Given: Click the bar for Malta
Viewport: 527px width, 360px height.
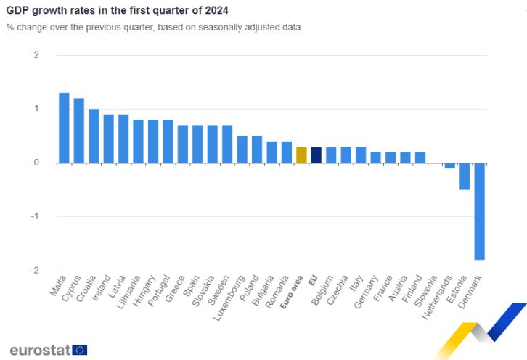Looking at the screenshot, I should point(64,128).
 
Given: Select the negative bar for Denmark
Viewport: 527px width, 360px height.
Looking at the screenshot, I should point(480,210).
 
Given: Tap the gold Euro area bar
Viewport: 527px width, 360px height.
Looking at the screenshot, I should point(301,155).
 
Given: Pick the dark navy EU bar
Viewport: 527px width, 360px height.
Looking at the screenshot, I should point(316,155).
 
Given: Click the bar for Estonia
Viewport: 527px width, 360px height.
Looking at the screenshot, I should point(465,176).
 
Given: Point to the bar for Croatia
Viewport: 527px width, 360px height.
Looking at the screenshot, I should point(94,136).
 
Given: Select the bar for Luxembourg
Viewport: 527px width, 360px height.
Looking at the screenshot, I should point(242,149).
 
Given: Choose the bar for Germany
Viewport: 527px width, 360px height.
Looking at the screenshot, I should point(375,157).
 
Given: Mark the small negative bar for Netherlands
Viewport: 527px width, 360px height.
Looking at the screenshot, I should point(450,165).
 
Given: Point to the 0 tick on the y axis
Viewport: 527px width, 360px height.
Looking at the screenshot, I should point(36,163).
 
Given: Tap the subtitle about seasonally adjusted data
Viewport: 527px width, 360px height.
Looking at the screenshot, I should point(153,27).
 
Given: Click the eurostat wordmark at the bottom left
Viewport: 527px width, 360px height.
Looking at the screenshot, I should point(40,350).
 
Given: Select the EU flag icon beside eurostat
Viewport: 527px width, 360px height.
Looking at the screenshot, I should point(80,350).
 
